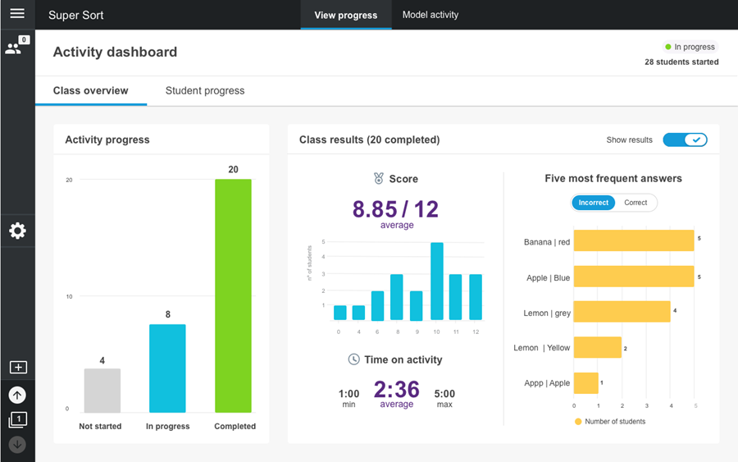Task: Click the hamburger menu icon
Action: pyautogui.click(x=17, y=14)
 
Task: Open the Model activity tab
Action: pyautogui.click(x=430, y=15)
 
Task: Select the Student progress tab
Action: pyautogui.click(x=205, y=90)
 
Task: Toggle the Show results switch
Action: pyautogui.click(x=685, y=140)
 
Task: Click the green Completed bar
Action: pyautogui.click(x=233, y=295)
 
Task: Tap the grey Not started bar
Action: pyautogui.click(x=102, y=391)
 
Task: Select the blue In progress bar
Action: pyautogui.click(x=167, y=368)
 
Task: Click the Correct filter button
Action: pyautogui.click(x=635, y=203)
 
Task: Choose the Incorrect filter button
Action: pyautogui.click(x=594, y=203)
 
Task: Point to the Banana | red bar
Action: pyautogui.click(x=634, y=241)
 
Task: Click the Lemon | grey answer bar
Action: pyautogui.click(x=622, y=312)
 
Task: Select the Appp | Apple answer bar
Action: pyautogui.click(x=585, y=383)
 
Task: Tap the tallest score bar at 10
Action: pyautogui.click(x=437, y=281)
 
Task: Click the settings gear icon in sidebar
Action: pyautogui.click(x=17, y=231)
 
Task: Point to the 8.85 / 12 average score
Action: pyautogui.click(x=395, y=209)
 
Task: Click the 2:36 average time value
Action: pyautogui.click(x=397, y=389)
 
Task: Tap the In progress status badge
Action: pyautogui.click(x=690, y=47)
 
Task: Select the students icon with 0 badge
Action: pyautogui.click(x=15, y=48)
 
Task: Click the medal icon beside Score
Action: pyautogui.click(x=378, y=178)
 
